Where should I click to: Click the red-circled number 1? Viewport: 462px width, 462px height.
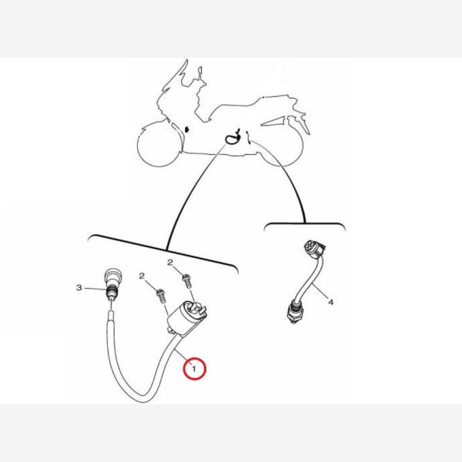[194, 368]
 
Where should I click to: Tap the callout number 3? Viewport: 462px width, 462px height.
[79, 287]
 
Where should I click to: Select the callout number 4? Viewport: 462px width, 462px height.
[331, 302]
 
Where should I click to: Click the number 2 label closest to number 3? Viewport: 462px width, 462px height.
[142, 276]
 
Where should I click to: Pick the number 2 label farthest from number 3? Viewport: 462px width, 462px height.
[170, 263]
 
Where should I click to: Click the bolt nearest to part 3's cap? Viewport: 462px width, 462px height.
[161, 296]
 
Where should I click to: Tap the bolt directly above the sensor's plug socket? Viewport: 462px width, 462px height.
[187, 281]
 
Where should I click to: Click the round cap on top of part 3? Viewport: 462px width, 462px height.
[112, 276]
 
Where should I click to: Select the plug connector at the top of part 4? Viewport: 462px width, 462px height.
[314, 249]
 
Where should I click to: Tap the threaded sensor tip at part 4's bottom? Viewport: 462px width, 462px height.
[294, 312]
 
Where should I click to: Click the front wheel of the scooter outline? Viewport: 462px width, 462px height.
[158, 145]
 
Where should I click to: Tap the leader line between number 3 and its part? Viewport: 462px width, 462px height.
[95, 288]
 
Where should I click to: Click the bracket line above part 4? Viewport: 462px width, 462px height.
[305, 225]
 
